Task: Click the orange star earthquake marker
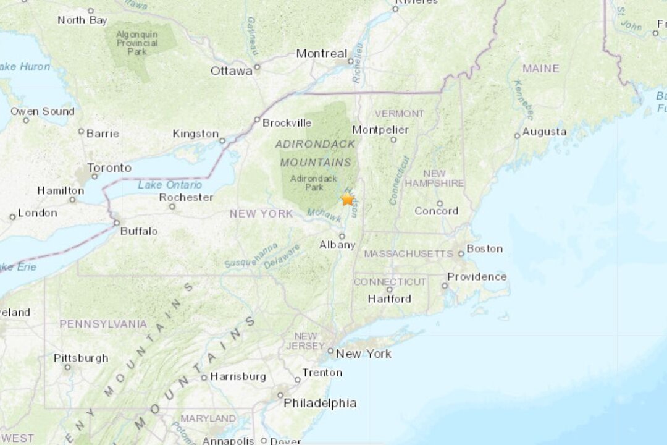pyautogui.click(x=348, y=199)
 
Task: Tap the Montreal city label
pyautogui.click(x=321, y=54)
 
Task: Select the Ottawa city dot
pyautogui.click(x=257, y=67)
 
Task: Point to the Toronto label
pyautogui.click(x=109, y=167)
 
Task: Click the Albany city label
pyautogui.click(x=338, y=245)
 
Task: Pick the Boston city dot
pyautogui.click(x=461, y=253)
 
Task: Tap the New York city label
pyautogui.click(x=364, y=354)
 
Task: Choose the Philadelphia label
pyautogui.click(x=320, y=403)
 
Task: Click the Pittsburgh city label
pyautogui.click(x=81, y=358)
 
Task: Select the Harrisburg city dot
pyautogui.click(x=204, y=378)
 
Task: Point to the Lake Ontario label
pyautogui.click(x=169, y=185)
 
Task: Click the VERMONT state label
pyautogui.click(x=400, y=114)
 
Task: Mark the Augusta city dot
pyautogui.click(x=517, y=136)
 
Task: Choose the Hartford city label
pyautogui.click(x=389, y=299)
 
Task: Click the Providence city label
pyautogui.click(x=477, y=277)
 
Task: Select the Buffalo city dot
pyautogui.click(x=116, y=222)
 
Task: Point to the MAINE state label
pyautogui.click(x=540, y=69)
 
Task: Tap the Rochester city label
pyautogui.click(x=186, y=198)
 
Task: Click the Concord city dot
pyautogui.click(x=440, y=203)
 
